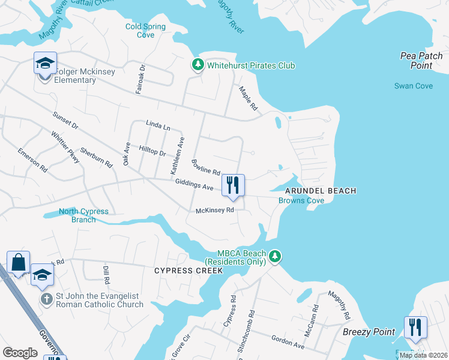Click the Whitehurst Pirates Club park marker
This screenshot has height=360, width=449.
(x=197, y=65)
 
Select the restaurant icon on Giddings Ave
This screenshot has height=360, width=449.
(x=233, y=185)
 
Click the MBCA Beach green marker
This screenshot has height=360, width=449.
(x=275, y=257)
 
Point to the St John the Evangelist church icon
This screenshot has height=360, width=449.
(x=46, y=298)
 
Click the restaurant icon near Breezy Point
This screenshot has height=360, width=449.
(x=415, y=328)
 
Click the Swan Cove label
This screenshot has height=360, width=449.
(x=413, y=86)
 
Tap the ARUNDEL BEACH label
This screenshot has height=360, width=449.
(x=321, y=191)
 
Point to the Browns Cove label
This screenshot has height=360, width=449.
(x=301, y=200)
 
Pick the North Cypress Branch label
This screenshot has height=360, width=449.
(x=83, y=215)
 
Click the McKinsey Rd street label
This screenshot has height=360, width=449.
(x=214, y=211)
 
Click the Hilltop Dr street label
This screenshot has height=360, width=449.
(x=152, y=151)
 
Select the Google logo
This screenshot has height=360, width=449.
(x=20, y=352)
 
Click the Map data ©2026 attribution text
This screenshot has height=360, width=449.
(x=423, y=355)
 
